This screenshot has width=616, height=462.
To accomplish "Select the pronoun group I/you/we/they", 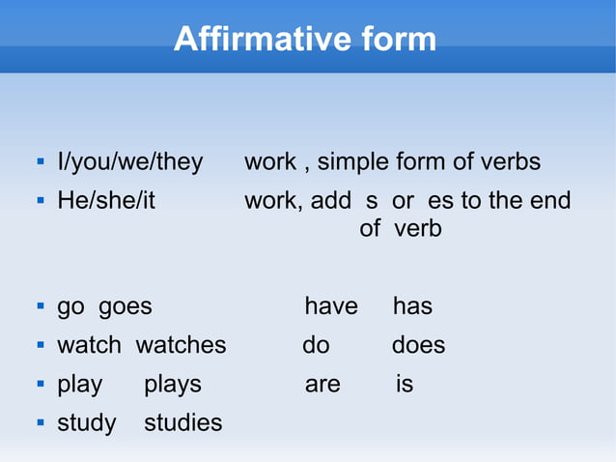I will (x=130, y=162).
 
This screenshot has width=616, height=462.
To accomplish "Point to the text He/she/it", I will (x=106, y=201).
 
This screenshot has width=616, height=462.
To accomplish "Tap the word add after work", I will (x=331, y=201).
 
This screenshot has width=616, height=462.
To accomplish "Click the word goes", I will (x=126, y=307).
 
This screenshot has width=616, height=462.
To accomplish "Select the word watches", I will (x=181, y=346).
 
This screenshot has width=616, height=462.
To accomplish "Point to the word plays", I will (x=173, y=385).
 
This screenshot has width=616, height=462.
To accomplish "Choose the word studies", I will (x=182, y=423).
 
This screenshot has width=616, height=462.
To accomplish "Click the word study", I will (x=87, y=423).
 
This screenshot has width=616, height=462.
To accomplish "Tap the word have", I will (x=331, y=307).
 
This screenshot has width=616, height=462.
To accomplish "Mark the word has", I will (x=412, y=307).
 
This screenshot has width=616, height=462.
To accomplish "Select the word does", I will (x=418, y=346).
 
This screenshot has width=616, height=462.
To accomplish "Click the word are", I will (x=322, y=385).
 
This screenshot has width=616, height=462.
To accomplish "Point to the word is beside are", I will (x=405, y=385).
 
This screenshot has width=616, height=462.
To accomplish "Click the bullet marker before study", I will (x=40, y=422).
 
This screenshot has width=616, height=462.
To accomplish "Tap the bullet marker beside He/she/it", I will (x=40, y=201).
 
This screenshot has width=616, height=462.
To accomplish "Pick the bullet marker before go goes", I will (x=40, y=306).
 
